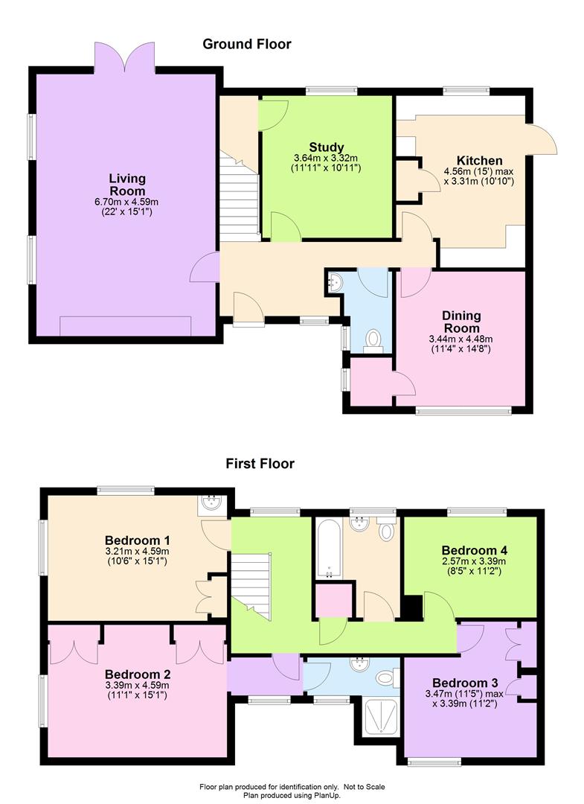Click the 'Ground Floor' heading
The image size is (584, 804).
[247, 44]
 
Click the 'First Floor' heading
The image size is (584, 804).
[260, 464]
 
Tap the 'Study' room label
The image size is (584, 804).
[327, 147]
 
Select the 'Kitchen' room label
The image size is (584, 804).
[480, 161]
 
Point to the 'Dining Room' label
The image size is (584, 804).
[461, 322]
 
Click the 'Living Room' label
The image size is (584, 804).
[127, 185]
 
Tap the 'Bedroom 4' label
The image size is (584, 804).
[475, 551]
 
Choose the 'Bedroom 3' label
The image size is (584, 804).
[465, 683]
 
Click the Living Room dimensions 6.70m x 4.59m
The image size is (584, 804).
[126, 202]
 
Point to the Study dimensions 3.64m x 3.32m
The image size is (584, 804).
[326, 159]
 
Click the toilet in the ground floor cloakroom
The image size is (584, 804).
[374, 342]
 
